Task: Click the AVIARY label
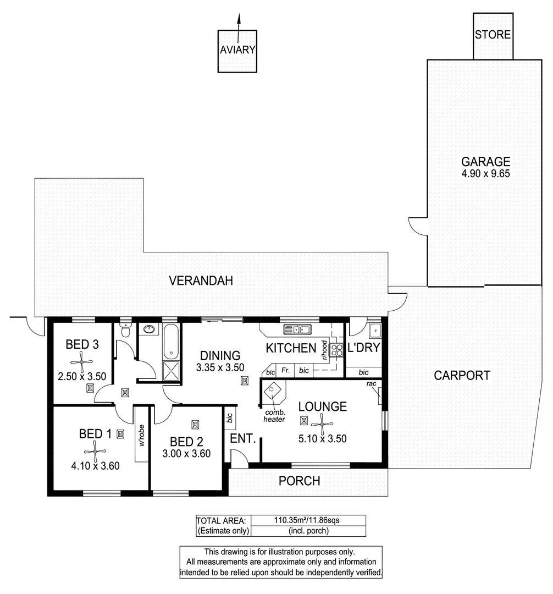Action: [237, 50]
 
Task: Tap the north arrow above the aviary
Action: [238, 22]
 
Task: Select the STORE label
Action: [493, 35]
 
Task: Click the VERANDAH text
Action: [201, 281]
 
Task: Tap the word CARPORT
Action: [462, 376]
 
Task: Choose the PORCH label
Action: [299, 481]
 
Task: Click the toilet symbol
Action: [125, 331]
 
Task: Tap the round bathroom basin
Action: [148, 330]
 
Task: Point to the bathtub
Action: [170, 342]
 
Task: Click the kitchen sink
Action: [297, 330]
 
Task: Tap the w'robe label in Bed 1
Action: [141, 435]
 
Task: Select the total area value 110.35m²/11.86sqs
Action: [300, 520]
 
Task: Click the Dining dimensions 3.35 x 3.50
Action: [220, 367]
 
